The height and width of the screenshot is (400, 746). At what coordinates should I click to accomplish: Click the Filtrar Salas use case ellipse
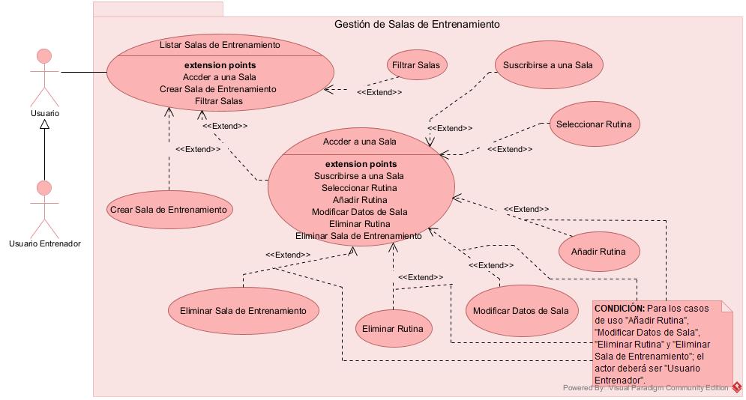418,65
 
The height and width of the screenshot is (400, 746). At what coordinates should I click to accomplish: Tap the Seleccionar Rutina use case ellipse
594,124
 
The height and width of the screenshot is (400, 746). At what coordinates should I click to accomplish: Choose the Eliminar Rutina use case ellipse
392,329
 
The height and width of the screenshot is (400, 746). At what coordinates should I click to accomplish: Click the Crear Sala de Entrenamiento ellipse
168,210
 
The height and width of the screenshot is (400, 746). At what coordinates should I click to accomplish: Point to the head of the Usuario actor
45,57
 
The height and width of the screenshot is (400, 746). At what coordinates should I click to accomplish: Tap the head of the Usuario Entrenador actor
45,187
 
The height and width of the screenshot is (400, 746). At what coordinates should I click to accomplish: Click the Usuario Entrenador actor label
45,243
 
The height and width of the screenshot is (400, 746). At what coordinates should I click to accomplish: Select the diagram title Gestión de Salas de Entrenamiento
417,24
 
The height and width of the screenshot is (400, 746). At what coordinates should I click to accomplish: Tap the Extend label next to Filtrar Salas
379,92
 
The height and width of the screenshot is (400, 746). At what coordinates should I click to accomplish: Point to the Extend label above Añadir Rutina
526,209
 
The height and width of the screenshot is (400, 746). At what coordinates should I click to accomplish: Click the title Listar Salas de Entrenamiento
220,45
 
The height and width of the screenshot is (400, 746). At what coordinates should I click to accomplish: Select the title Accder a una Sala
360,141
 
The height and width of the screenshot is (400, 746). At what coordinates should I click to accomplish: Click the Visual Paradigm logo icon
737,387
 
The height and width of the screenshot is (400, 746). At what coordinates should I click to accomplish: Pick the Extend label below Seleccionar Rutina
510,149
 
